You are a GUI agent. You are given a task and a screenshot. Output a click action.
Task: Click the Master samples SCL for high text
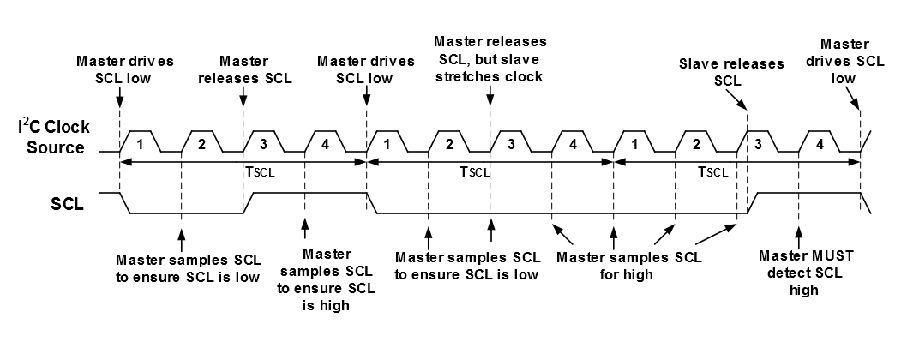pyautogui.click(x=628, y=266)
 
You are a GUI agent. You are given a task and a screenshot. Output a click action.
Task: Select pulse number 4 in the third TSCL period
pyautogui.click(x=820, y=141)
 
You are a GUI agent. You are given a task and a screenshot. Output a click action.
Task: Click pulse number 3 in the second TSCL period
pyautogui.click(x=511, y=141)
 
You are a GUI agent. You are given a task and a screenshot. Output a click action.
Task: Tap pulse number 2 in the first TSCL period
pyautogui.click(x=202, y=141)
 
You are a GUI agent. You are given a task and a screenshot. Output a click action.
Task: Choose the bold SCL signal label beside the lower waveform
pyautogui.click(x=68, y=206)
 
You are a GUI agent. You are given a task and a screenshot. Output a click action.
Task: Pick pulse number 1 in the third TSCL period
pyautogui.click(x=634, y=141)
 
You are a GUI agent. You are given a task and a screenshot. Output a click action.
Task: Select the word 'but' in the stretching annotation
pyautogui.click(x=500, y=59)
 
